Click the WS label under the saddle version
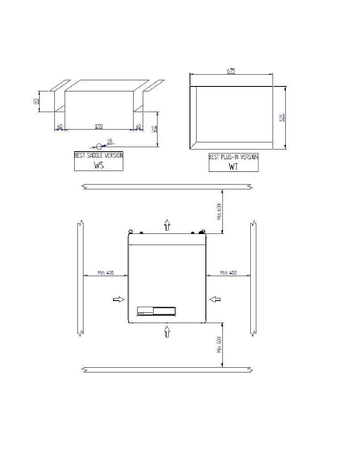[x=99, y=166]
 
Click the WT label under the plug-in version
[x=233, y=167]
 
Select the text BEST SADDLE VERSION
[x=99, y=157]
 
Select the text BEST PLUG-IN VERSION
[x=233, y=158]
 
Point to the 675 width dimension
[x=232, y=72]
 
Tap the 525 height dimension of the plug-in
[x=282, y=117]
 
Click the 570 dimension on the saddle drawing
[x=98, y=127]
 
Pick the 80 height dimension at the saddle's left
[x=47, y=101]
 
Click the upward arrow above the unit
[x=166, y=225]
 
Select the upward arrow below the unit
[x=166, y=330]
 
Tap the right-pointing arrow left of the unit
[x=118, y=299]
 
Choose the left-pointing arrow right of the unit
[x=215, y=299]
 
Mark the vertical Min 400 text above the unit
[x=219, y=211]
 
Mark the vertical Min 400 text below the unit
[x=219, y=345]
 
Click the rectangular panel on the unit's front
[x=156, y=311]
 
